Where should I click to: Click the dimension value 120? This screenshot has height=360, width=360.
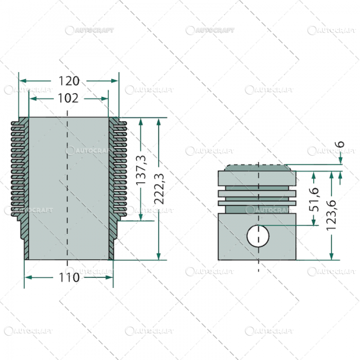click(x=68, y=81)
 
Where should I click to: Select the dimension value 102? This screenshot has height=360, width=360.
click(x=68, y=98)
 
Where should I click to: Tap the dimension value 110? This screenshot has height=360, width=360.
click(x=68, y=277)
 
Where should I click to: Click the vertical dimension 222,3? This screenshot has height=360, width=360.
click(x=159, y=189)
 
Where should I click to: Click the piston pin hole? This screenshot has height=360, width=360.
click(x=258, y=236)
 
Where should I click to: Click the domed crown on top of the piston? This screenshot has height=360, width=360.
click(x=257, y=168)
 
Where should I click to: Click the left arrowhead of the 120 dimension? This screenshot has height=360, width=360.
click(x=22, y=81)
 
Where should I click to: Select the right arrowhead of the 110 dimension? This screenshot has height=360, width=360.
click(x=110, y=277)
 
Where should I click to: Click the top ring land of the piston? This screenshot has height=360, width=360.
click(x=257, y=178)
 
